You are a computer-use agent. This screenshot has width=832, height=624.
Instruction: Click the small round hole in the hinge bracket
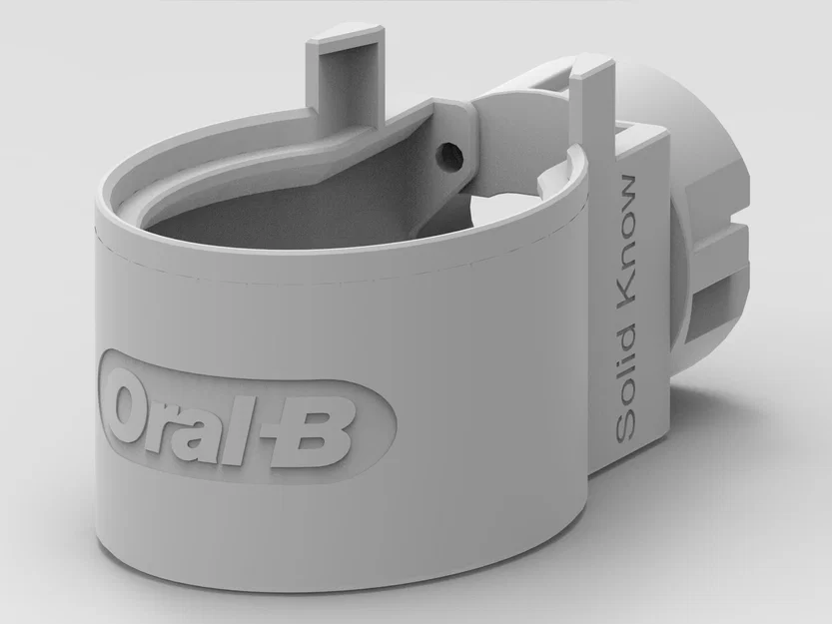point(451,154)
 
